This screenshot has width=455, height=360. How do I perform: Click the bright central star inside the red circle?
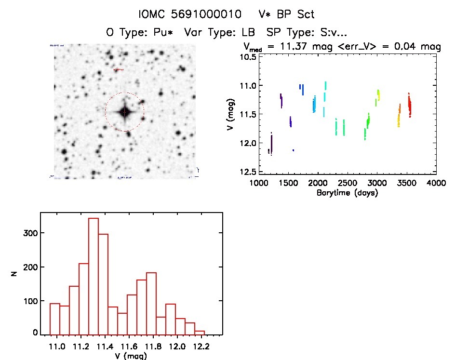(x=124, y=112)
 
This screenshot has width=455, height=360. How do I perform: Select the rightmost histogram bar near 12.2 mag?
(x=200, y=332)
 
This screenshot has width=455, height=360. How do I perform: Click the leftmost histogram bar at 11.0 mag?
(x=55, y=318)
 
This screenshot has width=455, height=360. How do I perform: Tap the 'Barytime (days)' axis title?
(x=347, y=193)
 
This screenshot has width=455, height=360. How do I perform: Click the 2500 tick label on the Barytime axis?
(x=348, y=184)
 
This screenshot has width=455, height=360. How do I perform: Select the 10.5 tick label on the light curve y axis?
(x=249, y=57)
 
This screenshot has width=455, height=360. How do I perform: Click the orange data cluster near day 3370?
(x=399, y=116)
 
